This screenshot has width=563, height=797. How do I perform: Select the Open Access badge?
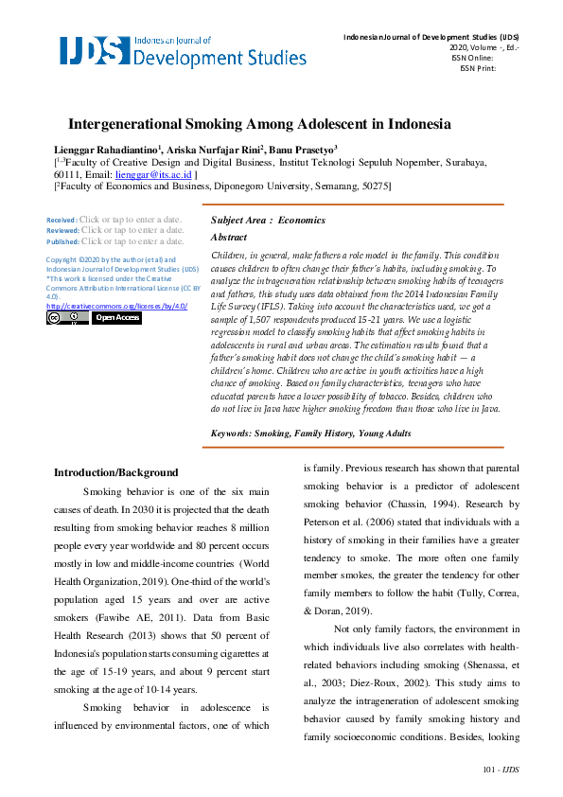click(116, 318)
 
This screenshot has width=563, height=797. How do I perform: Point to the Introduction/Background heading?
click(115, 471)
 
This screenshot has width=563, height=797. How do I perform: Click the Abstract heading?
click(228, 238)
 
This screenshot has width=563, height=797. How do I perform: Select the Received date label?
click(62, 220)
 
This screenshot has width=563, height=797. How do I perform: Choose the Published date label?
click(62, 241)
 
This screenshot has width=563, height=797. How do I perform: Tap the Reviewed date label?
click(62, 230)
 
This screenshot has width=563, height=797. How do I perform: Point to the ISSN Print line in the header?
click(477, 68)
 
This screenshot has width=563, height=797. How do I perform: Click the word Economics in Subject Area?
click(301, 220)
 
